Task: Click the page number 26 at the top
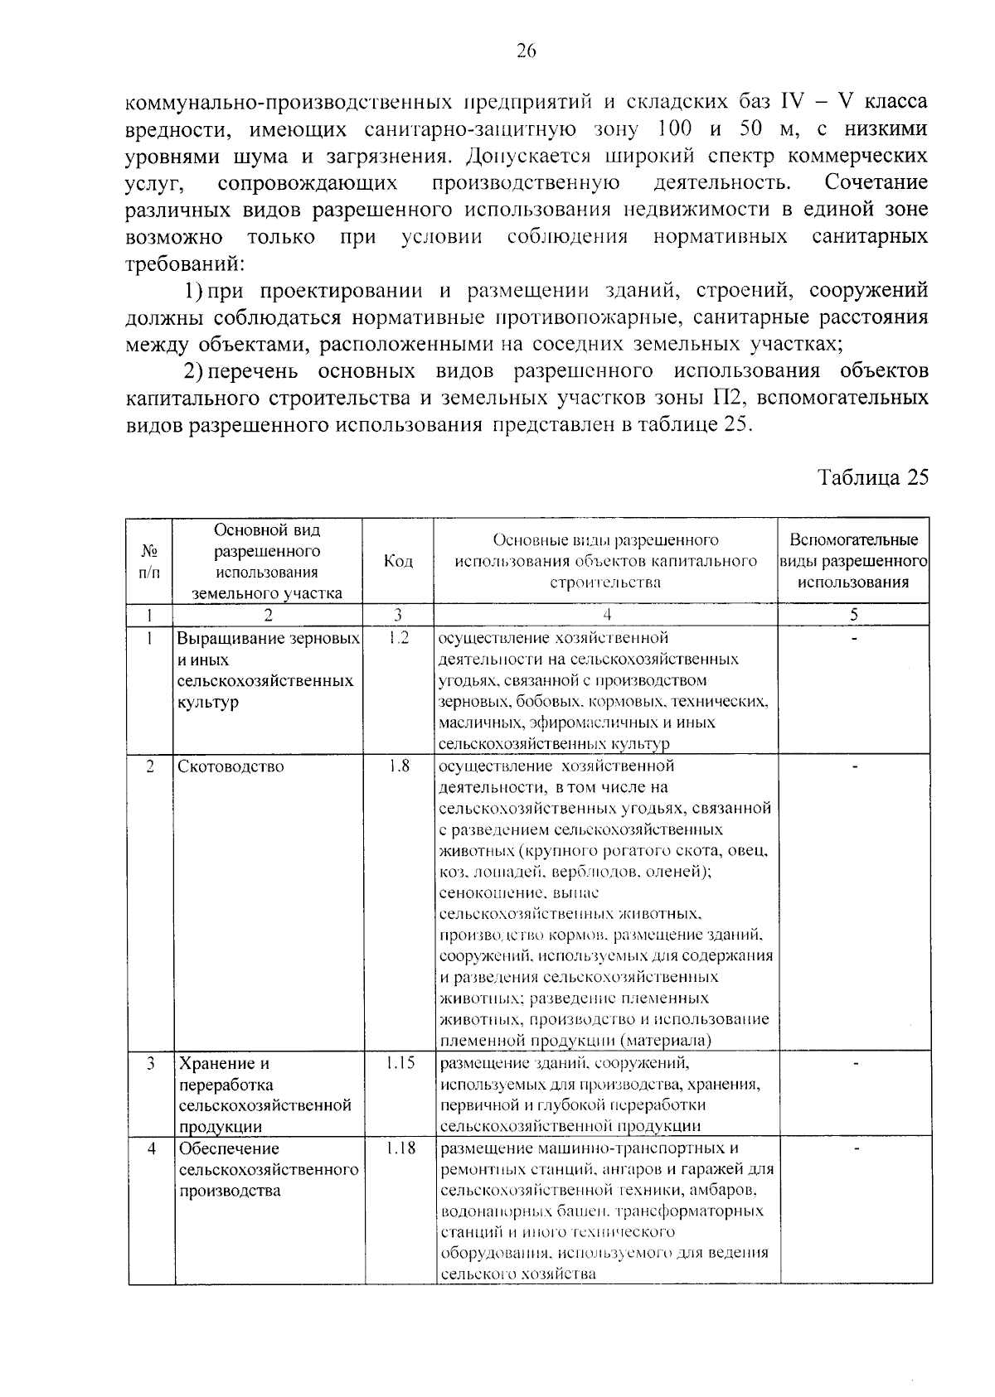pos(527,51)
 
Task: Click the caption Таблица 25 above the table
pos(873,478)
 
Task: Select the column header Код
pos(398,561)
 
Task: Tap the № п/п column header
pos(150,561)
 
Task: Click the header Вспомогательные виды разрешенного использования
pos(853,561)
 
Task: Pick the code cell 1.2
pos(398,638)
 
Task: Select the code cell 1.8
pos(399,766)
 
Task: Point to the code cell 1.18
pos(400,1148)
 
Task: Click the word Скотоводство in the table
pos(231,766)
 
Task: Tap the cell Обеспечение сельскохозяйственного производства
pos(268,1169)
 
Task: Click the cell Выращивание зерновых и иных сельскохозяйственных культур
pos(268,670)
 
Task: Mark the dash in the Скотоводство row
pos(855,766)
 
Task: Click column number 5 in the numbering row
pos(854,615)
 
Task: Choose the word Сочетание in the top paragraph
pos(876,182)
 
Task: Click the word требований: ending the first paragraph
pos(184,264)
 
